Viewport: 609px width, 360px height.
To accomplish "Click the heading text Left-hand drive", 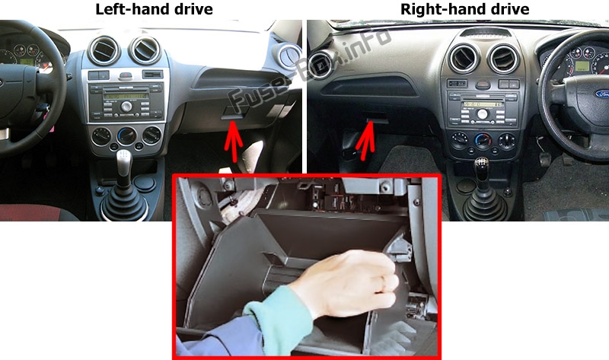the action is pyautogui.click(x=154, y=9).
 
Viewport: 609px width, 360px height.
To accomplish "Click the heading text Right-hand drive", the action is pyautogui.click(x=464, y=9).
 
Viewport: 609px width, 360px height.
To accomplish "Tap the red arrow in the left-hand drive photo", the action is pyautogui.click(x=233, y=141).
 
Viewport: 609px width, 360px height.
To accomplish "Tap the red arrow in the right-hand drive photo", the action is pyautogui.click(x=365, y=141).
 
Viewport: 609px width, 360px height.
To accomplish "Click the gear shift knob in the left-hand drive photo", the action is pyautogui.click(x=123, y=161).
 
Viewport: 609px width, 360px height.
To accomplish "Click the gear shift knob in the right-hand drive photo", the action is pyautogui.click(x=482, y=167).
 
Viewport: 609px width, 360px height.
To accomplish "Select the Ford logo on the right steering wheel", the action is pyautogui.click(x=603, y=94).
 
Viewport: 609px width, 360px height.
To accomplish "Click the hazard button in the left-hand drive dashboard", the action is pyautogui.click(x=126, y=75).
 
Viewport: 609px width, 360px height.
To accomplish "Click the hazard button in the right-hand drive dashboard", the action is pyautogui.click(x=483, y=84).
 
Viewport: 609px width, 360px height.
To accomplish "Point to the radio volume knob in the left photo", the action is pyautogui.click(x=126, y=106).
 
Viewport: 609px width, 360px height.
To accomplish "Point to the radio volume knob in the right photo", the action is pyautogui.click(x=482, y=114).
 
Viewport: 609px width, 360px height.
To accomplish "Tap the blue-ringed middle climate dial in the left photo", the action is pyautogui.click(x=127, y=136).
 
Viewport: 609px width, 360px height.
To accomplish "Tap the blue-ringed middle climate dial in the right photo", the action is pyautogui.click(x=483, y=140).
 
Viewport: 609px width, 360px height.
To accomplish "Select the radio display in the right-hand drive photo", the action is pyautogui.click(x=483, y=104).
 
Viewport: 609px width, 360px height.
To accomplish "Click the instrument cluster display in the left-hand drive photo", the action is pyautogui.click(x=27, y=62).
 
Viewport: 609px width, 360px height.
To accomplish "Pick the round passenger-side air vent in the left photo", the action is pyautogui.click(x=289, y=56).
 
